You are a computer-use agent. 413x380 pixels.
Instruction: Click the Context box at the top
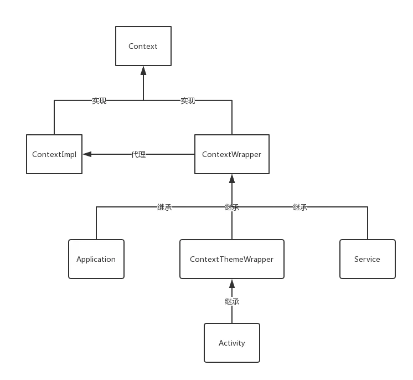click(x=143, y=46)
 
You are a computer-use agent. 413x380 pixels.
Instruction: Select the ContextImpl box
click(x=54, y=154)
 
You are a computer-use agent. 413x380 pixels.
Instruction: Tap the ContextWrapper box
click(x=231, y=154)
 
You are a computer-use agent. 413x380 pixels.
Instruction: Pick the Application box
click(x=96, y=259)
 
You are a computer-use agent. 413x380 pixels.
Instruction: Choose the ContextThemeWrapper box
click(x=231, y=259)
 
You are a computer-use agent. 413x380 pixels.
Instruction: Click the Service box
click(x=367, y=259)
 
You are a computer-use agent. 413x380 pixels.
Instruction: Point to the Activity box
click(x=232, y=343)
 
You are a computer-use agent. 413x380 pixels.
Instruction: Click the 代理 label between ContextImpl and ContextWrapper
click(x=138, y=155)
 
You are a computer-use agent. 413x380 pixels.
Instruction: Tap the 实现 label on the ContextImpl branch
click(x=99, y=101)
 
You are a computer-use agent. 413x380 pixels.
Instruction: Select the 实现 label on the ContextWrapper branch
click(x=188, y=101)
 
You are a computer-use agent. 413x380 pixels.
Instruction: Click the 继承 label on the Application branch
click(x=164, y=208)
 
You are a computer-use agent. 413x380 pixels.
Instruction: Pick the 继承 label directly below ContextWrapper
click(x=231, y=208)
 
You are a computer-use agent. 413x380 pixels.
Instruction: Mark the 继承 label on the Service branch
click(x=300, y=208)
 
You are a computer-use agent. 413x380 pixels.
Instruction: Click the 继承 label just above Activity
click(x=231, y=302)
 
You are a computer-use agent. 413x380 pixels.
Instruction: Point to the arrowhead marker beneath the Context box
click(x=144, y=73)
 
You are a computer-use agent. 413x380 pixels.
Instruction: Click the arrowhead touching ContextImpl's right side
click(x=88, y=155)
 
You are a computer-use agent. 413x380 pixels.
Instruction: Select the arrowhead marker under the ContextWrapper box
click(x=233, y=182)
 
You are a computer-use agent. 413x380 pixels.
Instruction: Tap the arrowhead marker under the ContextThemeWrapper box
click(x=233, y=286)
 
